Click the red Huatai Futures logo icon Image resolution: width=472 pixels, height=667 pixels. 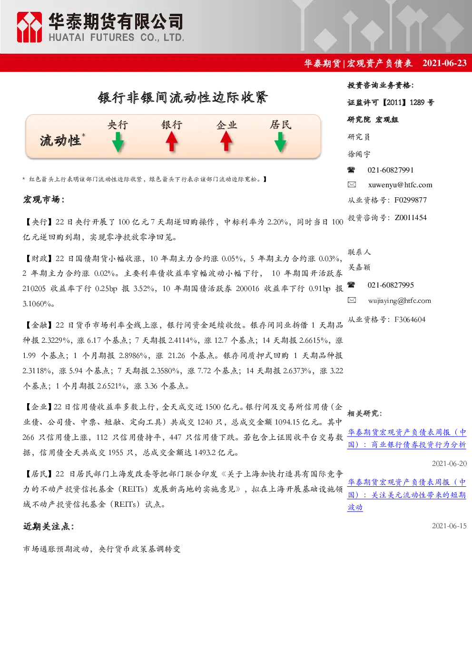click(29, 27)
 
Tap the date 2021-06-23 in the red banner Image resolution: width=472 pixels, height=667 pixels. click(444, 63)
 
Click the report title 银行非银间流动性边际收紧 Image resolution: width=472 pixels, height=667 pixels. click(183, 97)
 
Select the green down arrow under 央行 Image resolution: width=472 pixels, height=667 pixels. click(118, 142)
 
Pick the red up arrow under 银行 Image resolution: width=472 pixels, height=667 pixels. click(172, 142)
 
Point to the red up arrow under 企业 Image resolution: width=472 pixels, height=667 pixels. click(226, 141)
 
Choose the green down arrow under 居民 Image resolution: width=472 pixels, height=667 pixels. click(280, 142)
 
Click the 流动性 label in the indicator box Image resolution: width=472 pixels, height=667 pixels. click(60, 140)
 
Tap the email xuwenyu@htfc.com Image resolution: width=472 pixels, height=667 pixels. click(400, 185)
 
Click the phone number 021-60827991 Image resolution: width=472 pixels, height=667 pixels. click(391, 170)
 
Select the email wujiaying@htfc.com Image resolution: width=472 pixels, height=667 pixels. click(400, 301)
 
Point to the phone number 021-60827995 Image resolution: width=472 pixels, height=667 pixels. click(391, 285)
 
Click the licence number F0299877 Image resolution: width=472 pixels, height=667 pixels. click(410, 200)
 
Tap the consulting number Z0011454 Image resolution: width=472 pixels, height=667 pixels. click(411, 218)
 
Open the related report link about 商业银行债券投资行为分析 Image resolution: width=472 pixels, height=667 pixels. click(407, 438)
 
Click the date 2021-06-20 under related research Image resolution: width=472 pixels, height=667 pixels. click(449, 464)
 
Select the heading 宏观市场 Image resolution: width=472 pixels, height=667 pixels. click(44, 200)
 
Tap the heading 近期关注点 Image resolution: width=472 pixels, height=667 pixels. click(49, 526)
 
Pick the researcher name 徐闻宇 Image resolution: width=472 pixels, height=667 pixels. click(359, 154)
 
